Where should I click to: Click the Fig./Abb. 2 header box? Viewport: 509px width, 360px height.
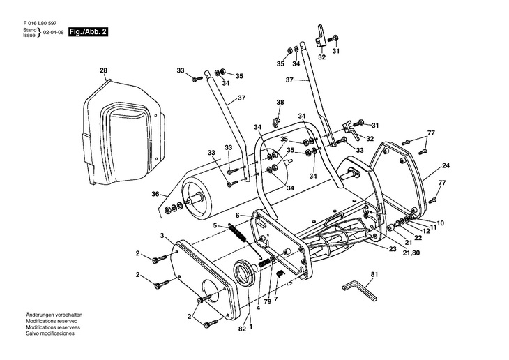(x=88, y=33)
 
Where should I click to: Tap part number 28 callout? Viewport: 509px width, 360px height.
(x=103, y=70)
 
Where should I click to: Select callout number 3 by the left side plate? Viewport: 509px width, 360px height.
(x=162, y=236)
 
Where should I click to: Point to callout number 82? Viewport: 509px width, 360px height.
(x=242, y=328)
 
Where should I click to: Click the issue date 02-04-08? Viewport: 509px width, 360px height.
(x=54, y=33)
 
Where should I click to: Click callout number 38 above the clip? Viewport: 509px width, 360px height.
(x=280, y=103)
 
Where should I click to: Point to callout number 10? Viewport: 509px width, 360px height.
(x=439, y=223)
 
